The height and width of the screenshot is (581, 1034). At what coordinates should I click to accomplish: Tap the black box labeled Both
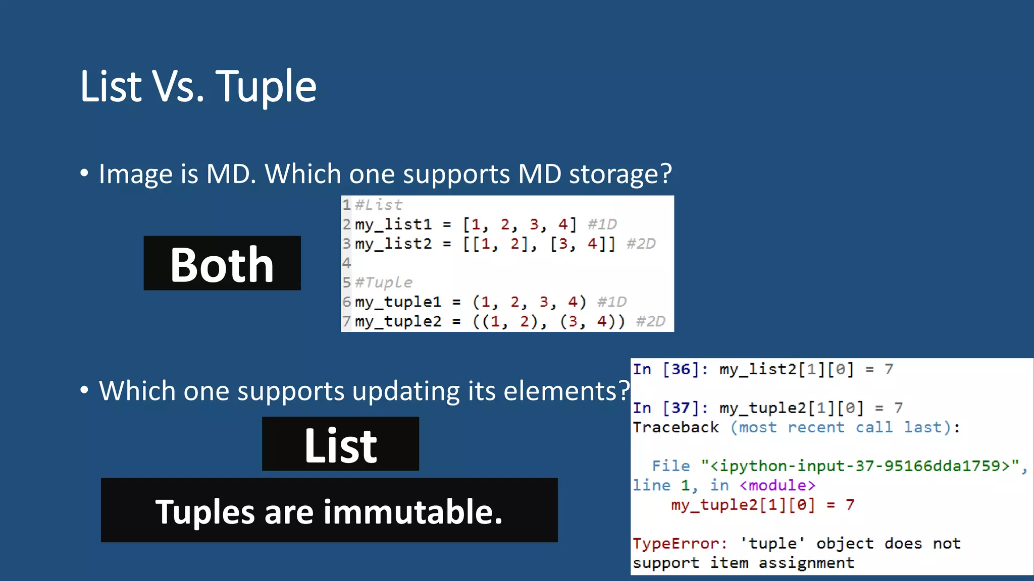pos(222,263)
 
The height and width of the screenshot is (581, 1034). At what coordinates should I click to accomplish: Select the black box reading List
pos(340,444)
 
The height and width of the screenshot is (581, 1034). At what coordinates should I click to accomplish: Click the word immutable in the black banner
pos(412,511)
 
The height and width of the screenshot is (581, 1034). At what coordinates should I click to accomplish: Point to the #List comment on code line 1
pos(378,205)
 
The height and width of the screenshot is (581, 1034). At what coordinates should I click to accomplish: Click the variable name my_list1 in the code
pos(393,224)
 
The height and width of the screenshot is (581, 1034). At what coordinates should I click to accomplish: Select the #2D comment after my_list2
pos(641,244)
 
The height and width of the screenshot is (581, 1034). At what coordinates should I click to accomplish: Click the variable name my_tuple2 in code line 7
pos(398,321)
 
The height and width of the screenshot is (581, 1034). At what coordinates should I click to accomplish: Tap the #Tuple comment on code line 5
pos(383,282)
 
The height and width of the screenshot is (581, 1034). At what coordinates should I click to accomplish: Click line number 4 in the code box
pos(346,263)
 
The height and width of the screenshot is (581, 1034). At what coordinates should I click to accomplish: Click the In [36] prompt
pos(666,369)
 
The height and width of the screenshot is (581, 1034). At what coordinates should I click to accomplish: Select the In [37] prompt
pos(666,408)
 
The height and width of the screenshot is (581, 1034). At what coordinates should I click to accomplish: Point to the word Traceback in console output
pos(676,427)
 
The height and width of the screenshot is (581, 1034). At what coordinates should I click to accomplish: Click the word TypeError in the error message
pos(677,544)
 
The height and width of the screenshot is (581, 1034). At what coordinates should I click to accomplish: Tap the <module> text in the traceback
pos(777,485)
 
